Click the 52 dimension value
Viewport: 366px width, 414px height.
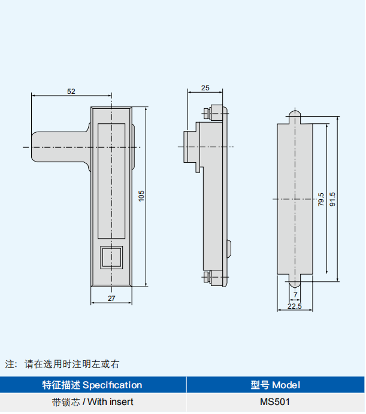(71, 92)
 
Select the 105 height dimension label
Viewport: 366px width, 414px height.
(142, 196)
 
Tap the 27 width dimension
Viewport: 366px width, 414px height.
(111, 298)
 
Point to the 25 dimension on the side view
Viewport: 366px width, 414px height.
(205, 88)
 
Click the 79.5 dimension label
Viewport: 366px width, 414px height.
(321, 199)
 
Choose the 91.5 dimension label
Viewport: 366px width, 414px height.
(333, 199)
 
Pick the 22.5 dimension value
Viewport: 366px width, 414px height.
(294, 306)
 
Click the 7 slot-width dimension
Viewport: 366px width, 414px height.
(295, 294)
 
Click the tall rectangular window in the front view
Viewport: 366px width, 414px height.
(111, 180)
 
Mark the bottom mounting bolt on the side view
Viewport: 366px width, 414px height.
(207, 276)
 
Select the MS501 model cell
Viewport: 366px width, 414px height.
(276, 402)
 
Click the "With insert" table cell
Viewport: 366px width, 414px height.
(93, 402)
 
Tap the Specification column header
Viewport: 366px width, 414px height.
(93, 385)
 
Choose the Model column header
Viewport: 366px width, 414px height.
(276, 385)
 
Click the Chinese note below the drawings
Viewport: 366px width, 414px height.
(63, 363)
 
